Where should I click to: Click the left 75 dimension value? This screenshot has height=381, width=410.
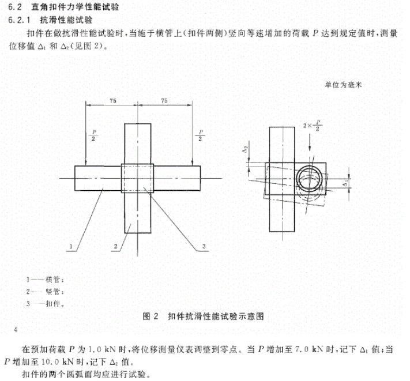point(112,101)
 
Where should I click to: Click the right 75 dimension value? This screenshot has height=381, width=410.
point(164,100)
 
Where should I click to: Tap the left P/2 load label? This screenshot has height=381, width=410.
point(93,135)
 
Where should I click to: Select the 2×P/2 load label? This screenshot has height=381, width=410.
point(313,126)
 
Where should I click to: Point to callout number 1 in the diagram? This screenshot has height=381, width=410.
point(71,246)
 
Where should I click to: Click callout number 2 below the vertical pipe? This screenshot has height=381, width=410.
point(115,246)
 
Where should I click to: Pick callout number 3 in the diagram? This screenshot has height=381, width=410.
point(204,246)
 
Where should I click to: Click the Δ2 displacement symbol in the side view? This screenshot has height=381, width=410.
point(245,150)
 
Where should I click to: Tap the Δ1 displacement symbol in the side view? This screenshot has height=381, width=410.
point(345,184)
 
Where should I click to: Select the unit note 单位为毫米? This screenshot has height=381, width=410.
point(343,85)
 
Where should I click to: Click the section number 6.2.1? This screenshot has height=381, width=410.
point(19,20)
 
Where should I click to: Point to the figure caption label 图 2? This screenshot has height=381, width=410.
point(151,316)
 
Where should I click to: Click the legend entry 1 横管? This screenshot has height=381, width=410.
point(45,280)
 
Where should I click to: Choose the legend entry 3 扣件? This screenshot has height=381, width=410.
point(45,304)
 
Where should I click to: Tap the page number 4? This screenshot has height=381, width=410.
point(16,330)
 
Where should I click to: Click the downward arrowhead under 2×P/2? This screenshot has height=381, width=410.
point(310,148)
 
